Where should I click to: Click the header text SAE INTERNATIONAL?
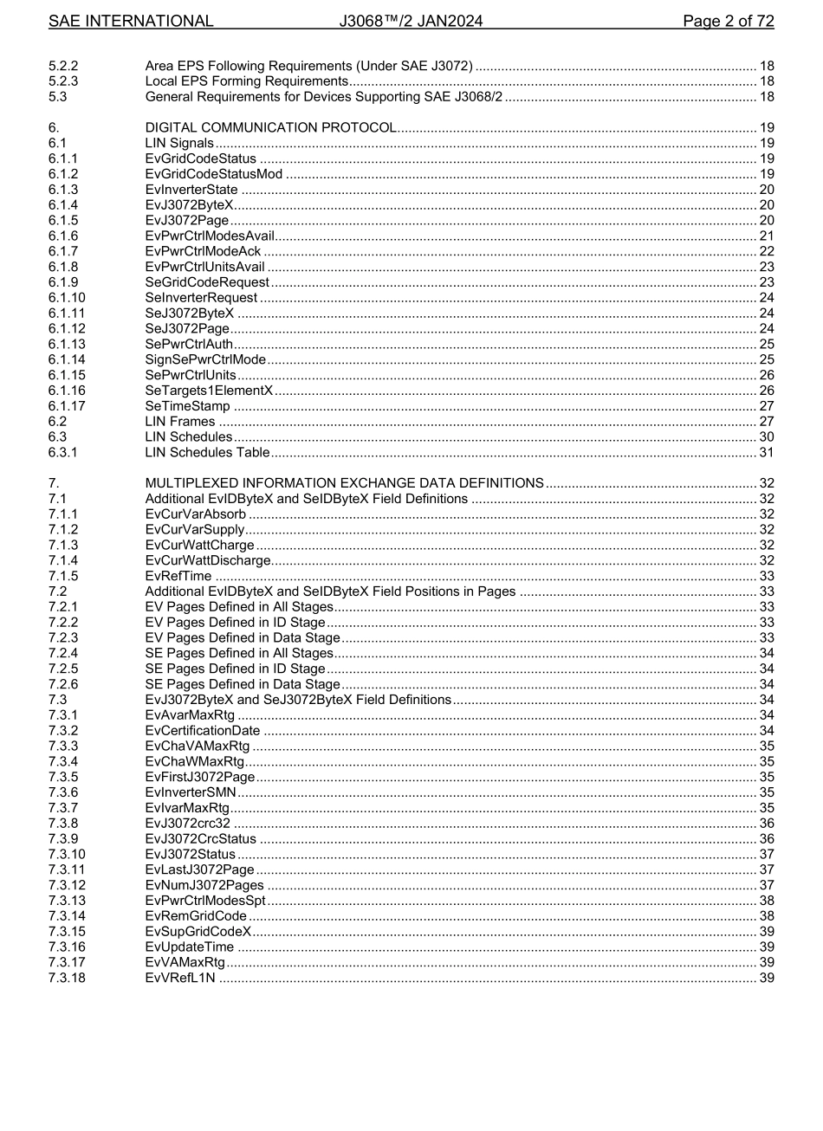pos(131,22)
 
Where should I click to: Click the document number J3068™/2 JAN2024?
pos(411,22)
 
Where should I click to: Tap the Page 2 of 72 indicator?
pos(728,22)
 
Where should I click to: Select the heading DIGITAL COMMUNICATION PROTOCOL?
pos(270,128)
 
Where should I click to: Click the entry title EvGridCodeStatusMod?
pos(214,175)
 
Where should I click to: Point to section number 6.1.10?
pos(67,298)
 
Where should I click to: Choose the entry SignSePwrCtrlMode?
pos(205,359)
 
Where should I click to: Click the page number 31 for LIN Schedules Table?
pos(766,452)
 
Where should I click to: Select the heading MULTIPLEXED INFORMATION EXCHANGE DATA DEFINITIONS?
pos(344,483)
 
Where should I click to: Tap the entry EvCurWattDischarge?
pos(208,560)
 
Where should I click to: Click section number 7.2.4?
pos(63,653)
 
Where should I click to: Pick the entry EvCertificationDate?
pos(203,731)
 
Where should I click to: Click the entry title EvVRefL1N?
pos(180,979)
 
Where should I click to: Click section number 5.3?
pos(57,97)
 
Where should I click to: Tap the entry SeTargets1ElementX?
pos(209,391)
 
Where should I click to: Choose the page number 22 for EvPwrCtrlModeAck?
pos(766,251)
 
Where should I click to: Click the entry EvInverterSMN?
pos(191,792)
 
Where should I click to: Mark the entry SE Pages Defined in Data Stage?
pos(243,684)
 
